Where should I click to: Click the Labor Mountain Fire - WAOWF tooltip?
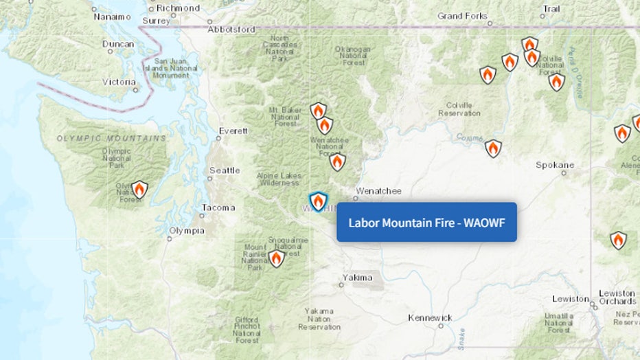426,222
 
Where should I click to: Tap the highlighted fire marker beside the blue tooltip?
317,201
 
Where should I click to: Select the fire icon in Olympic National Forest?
139,189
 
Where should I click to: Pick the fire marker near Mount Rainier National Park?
276,258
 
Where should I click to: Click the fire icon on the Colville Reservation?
493,148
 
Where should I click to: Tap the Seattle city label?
225,170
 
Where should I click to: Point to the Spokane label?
555,166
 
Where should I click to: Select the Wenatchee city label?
378,191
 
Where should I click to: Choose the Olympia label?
187,231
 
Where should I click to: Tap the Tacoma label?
218,207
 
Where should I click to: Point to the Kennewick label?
430,317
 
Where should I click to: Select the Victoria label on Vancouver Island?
119,82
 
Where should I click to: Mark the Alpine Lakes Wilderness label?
279,179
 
